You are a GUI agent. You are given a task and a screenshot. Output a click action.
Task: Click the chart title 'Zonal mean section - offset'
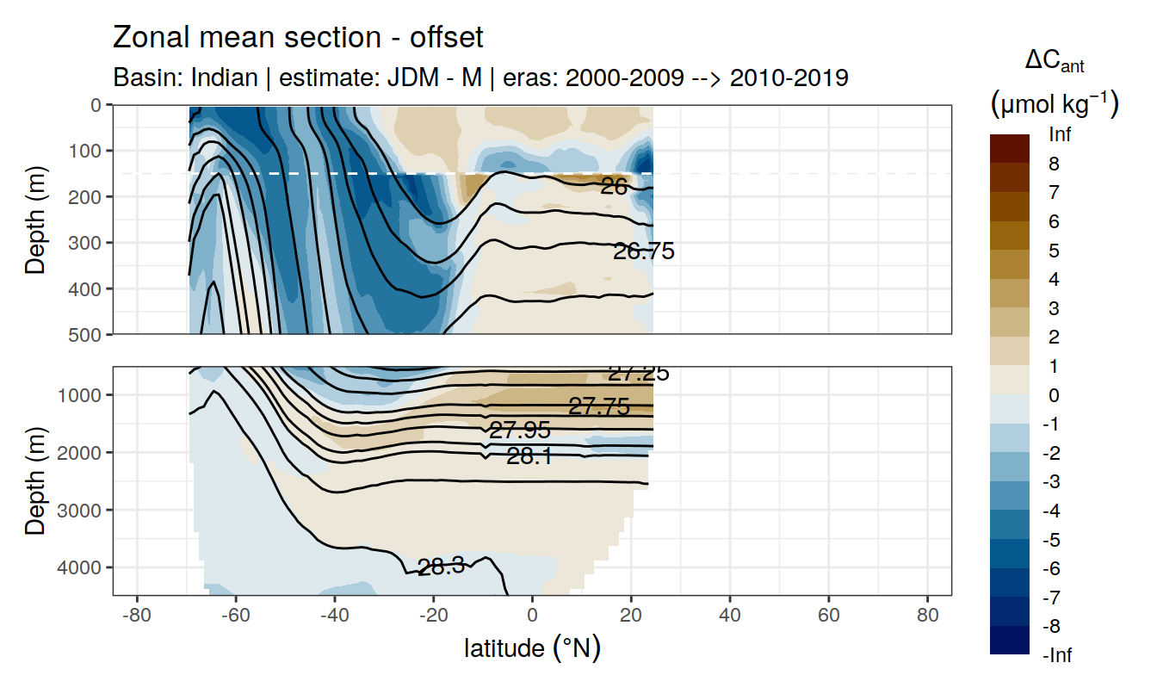click(x=299, y=38)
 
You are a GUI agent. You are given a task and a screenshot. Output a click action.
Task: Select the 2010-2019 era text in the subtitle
click(x=789, y=77)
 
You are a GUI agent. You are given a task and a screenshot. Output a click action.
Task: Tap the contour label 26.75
click(x=643, y=251)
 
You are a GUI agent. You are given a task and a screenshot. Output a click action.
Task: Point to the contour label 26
click(x=614, y=186)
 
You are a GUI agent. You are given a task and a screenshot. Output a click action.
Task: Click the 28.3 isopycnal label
click(x=441, y=567)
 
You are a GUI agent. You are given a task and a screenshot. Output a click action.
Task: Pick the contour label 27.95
click(x=519, y=431)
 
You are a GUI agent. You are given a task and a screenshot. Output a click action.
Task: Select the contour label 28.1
click(x=529, y=457)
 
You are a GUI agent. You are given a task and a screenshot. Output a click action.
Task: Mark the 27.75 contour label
click(x=599, y=407)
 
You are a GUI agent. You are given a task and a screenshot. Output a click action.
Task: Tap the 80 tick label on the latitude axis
click(x=927, y=617)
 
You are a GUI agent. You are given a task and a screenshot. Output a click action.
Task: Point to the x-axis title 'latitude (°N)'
click(x=532, y=648)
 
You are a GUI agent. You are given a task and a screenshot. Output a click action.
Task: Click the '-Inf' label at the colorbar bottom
click(x=1058, y=656)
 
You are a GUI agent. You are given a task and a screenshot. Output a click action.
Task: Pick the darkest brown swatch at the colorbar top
click(x=1010, y=148)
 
